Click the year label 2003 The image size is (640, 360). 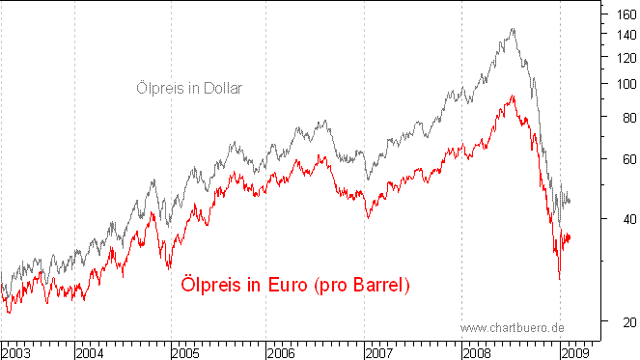point(16,351)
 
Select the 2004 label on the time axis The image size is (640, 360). point(91,351)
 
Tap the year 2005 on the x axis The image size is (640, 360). point(187,351)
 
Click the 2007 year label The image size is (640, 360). point(380,351)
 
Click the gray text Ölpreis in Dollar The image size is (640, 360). point(188,89)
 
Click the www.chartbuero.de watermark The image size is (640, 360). point(512,328)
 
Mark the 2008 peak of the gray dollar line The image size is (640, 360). point(513,29)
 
